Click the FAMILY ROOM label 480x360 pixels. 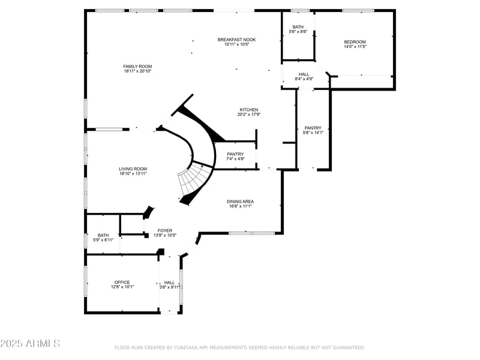point(137,66)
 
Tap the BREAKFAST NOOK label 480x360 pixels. point(236,40)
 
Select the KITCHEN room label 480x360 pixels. point(249,110)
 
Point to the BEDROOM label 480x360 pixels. point(355,41)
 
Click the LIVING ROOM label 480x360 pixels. point(133,169)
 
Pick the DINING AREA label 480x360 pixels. point(239,201)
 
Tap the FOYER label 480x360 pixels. point(165,230)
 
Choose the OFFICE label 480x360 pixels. point(122,282)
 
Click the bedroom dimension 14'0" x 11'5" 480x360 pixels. point(355,47)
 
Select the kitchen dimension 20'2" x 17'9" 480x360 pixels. point(249,115)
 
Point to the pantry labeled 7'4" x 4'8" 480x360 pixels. point(235,157)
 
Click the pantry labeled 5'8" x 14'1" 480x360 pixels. point(313,130)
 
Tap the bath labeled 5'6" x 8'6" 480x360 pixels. point(298,29)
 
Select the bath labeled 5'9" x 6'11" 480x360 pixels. point(103,238)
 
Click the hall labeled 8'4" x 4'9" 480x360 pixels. point(304,76)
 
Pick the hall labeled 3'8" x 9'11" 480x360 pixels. point(170,284)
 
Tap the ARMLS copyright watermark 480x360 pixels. point(30,344)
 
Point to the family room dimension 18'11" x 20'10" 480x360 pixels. point(137,71)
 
